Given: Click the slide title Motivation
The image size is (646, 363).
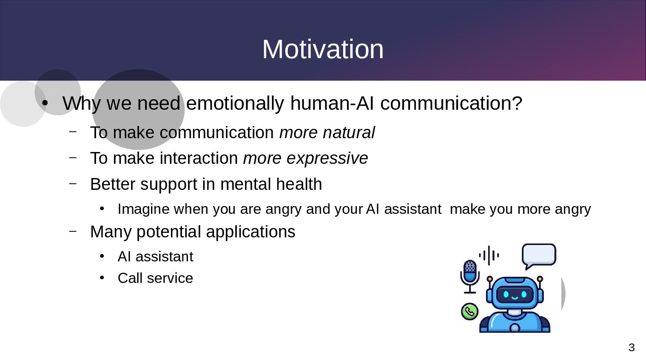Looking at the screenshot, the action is click(323, 49).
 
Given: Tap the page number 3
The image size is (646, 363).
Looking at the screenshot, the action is click(632, 348).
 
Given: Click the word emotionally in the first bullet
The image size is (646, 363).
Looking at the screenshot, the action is click(235, 103).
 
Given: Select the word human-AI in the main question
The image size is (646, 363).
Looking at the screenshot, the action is click(332, 103).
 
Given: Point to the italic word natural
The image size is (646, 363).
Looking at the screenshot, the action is click(349, 133).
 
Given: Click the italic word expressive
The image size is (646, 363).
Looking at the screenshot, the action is click(327, 158).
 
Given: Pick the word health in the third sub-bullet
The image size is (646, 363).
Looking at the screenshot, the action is click(299, 184).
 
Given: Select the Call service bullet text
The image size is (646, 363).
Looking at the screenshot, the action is click(155, 278).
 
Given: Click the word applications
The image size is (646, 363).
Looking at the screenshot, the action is click(251, 232).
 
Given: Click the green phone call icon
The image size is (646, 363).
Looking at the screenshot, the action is click(470, 311).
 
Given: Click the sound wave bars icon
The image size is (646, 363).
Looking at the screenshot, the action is click(489, 255).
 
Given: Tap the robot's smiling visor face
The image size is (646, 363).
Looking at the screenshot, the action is click(515, 295).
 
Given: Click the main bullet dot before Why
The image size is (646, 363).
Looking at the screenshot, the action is click(44, 103).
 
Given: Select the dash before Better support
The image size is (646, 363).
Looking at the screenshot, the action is click(73, 183).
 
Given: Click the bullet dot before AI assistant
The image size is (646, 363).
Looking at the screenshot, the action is click(102, 256).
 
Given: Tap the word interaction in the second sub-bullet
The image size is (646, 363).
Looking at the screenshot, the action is click(199, 158).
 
